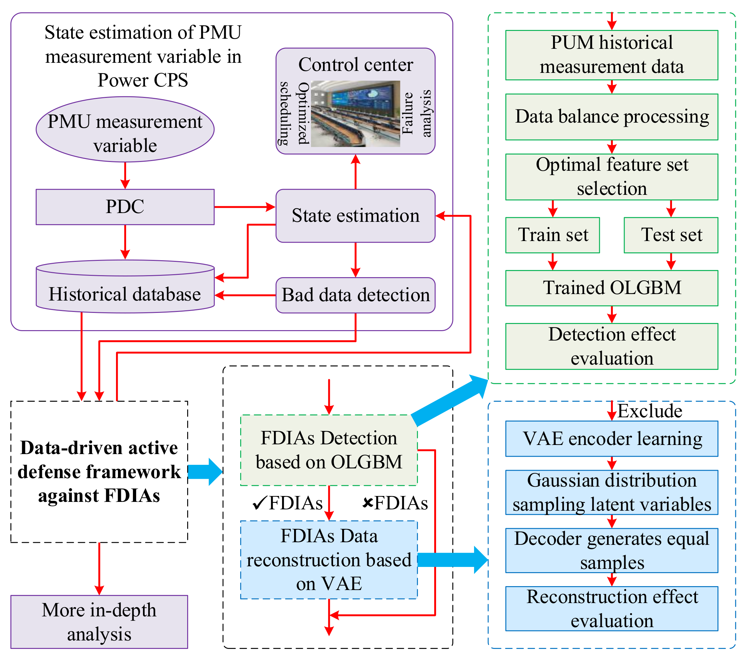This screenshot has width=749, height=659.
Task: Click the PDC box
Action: coord(125,207)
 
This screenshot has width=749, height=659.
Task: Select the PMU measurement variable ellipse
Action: coord(125,129)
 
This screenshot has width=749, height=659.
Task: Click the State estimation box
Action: coord(355,216)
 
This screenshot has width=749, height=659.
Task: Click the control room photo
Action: coord(355,114)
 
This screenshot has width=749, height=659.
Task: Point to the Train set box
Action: coord(552,235)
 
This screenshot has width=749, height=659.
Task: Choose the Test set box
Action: coord(671,235)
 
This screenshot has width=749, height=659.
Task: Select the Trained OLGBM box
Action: coord(611,288)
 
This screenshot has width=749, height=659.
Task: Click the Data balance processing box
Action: coord(611,117)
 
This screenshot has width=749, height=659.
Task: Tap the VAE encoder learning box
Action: coord(611,438)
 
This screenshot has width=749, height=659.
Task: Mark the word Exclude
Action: coord(649,411)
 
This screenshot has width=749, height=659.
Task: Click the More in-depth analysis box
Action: coord(99,622)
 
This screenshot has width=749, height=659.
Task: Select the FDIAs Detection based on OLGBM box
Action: coord(329,450)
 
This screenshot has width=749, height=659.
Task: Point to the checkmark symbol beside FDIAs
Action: coord(259,504)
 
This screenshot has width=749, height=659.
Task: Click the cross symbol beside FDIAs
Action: coord(368,503)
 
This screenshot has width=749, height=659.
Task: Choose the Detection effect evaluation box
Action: coord(611,346)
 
